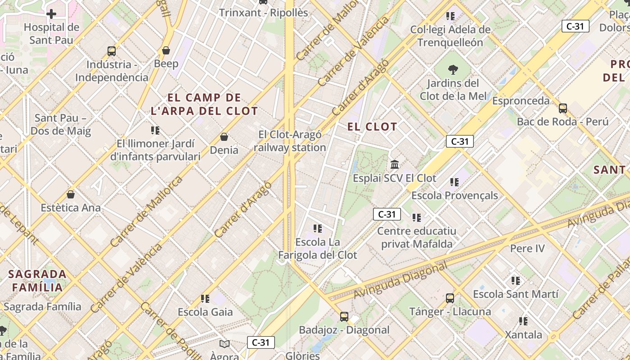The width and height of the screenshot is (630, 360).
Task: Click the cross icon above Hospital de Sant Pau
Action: [x=51, y=14]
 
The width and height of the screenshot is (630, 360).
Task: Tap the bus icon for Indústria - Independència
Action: [x=112, y=51]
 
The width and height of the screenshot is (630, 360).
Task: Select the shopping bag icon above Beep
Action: [x=166, y=50]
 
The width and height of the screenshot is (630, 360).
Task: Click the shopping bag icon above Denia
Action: [x=224, y=136]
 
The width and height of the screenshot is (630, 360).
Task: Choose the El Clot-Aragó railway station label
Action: [x=290, y=141]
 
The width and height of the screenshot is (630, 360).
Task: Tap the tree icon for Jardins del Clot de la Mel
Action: [x=453, y=69]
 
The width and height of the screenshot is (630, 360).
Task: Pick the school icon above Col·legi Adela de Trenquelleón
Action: [x=450, y=16]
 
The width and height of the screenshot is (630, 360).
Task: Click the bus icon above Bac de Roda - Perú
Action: [x=562, y=108]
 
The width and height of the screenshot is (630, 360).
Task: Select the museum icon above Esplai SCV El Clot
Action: [x=395, y=164]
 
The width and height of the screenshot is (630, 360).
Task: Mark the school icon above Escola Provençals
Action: [x=454, y=182]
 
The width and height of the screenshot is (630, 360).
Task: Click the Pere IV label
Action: [x=527, y=248]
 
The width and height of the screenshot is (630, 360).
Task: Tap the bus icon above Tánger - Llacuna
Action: [x=450, y=298]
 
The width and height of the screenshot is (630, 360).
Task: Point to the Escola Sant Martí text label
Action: [x=516, y=294]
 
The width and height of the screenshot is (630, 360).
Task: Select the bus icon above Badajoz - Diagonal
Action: [x=344, y=316]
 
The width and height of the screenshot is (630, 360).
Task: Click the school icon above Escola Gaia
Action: [x=205, y=298]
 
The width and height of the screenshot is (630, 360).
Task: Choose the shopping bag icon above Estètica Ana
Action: [x=71, y=194]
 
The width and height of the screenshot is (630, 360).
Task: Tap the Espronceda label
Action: [x=521, y=101]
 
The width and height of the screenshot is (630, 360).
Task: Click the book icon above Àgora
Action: [x=224, y=344]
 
